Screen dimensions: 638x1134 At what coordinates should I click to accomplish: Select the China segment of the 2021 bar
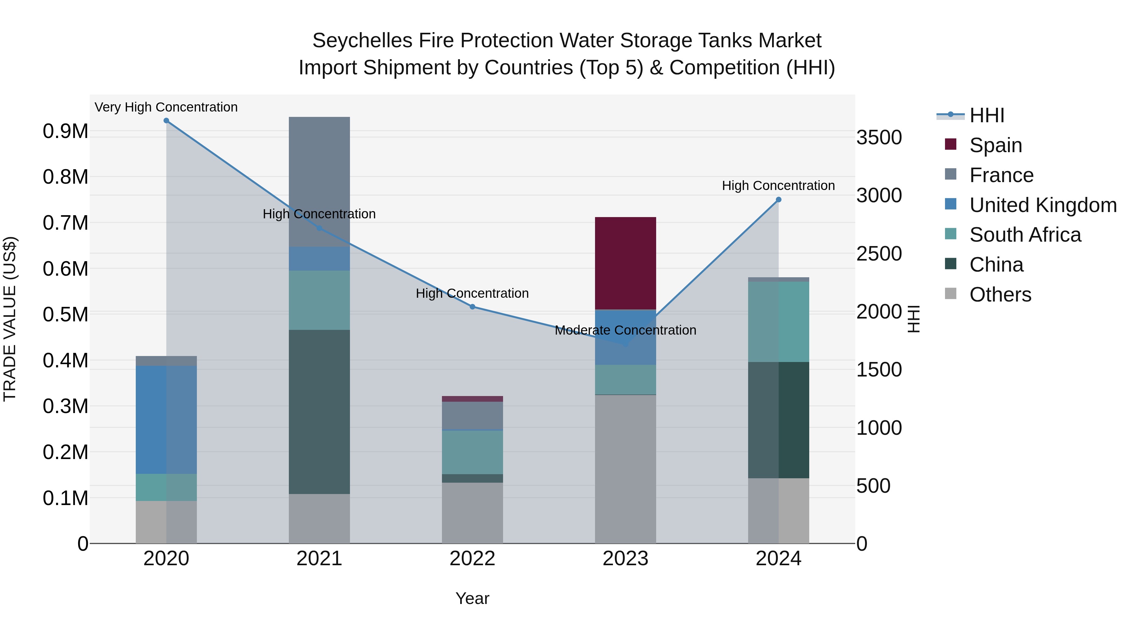click(319, 412)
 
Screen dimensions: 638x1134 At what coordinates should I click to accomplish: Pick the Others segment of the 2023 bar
click(625, 469)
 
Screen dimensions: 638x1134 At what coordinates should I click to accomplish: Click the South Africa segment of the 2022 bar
click(472, 452)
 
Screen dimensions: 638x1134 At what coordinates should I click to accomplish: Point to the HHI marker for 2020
click(166, 121)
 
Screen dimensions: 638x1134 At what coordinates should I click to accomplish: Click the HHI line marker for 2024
click(778, 199)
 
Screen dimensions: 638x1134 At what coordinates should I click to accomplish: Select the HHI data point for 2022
click(472, 307)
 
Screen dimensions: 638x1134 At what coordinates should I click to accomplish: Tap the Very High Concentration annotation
click(166, 107)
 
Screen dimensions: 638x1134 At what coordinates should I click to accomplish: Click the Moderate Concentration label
click(625, 330)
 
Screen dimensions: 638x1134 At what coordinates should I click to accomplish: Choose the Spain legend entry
click(995, 145)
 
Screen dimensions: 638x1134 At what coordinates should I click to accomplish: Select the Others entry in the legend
click(1000, 295)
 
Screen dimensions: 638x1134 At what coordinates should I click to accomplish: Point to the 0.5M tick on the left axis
click(66, 315)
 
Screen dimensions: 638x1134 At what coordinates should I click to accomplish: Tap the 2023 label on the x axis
click(625, 559)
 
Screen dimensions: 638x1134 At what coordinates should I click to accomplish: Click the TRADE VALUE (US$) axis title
click(10, 319)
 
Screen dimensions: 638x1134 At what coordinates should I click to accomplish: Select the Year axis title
click(472, 598)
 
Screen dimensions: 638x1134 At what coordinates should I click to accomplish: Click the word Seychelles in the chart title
click(362, 41)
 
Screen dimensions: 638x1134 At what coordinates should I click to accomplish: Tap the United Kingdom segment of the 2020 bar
click(166, 420)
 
